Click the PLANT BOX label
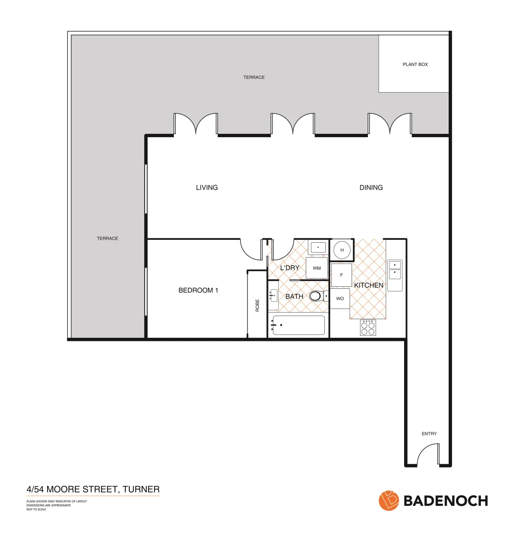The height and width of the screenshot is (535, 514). coord(415,64)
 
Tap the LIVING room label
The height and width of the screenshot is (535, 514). coord(206,188)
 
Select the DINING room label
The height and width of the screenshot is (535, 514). coord(371,188)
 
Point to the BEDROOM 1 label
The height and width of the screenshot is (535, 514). coord(198,290)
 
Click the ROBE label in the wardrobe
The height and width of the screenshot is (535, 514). coord(257,306)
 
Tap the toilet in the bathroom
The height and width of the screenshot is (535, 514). coord(315,297)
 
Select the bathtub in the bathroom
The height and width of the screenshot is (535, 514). coord(299,325)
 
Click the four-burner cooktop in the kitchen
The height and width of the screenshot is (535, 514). coord(368,327)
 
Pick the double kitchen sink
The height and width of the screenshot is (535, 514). coord(395,275)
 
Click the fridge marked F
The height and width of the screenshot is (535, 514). coord(341,275)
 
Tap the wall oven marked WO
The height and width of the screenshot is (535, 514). coord(340,299)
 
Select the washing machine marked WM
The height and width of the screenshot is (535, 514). coord(317,268)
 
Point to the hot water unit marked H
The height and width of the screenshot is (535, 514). coord(342,250)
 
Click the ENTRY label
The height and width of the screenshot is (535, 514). coord(429,434)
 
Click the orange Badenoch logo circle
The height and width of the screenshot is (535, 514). coord(389,500)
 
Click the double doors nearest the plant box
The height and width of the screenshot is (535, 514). coord(390,124)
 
